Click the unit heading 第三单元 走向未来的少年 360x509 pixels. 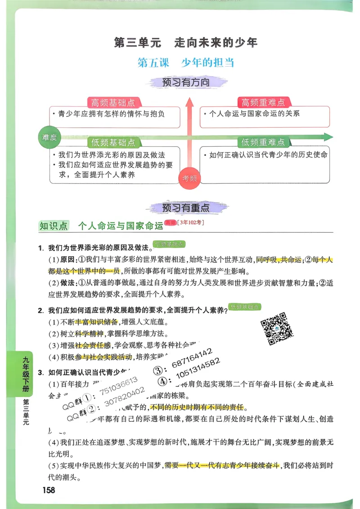[186, 43]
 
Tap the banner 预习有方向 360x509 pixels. [186, 83]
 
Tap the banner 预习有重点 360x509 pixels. [186, 208]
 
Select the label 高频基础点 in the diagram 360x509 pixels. [113, 102]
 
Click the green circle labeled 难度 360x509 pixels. [49, 138]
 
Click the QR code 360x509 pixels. [277, 329]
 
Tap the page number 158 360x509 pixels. [47, 490]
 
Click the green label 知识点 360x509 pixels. [54, 226]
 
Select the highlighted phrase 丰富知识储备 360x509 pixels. [96, 322]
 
